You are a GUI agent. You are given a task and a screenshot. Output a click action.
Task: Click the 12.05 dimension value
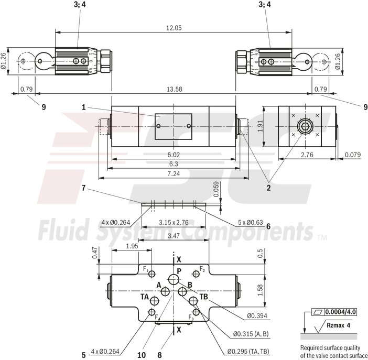tap(173, 28)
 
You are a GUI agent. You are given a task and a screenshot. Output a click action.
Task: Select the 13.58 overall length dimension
tap(174, 89)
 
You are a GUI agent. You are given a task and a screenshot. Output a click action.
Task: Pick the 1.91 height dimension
tap(261, 127)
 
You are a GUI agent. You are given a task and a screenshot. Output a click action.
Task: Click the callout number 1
tap(83, 107)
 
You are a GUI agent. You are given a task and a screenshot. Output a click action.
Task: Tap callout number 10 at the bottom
tap(141, 355)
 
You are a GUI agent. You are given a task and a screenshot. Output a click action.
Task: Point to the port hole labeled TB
tap(193, 300)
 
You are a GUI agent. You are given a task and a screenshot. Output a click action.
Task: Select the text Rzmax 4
tap(338, 325)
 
